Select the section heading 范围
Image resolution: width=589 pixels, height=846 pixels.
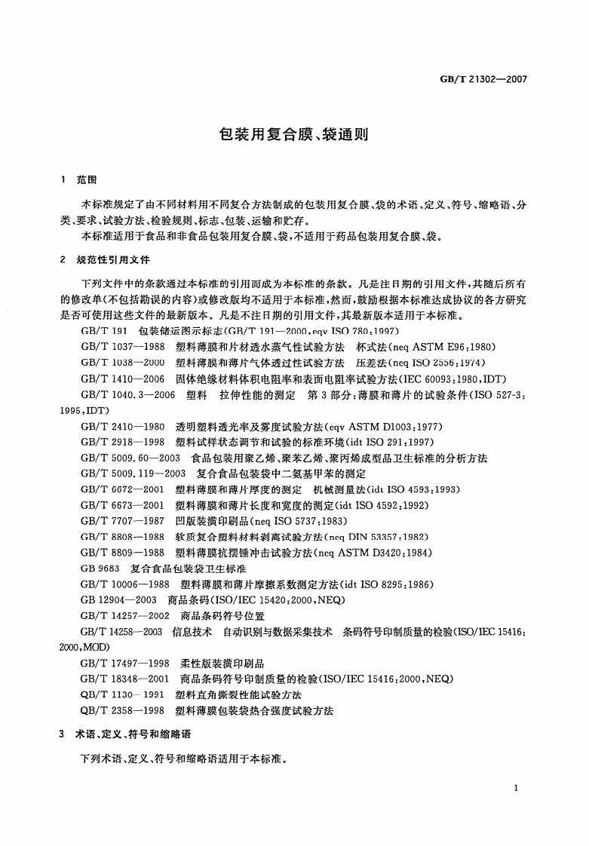[x=87, y=180]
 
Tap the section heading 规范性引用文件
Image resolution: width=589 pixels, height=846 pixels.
[x=113, y=259]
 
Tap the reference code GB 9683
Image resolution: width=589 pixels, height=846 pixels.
[x=100, y=569]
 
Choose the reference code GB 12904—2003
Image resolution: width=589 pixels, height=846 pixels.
[x=118, y=600]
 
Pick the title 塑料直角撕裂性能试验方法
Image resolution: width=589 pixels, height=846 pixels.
[x=238, y=694]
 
